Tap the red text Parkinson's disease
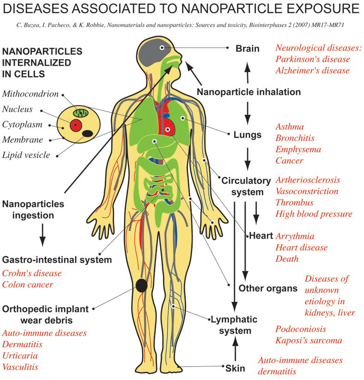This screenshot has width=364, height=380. pos(313,59)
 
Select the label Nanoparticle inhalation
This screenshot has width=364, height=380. pos(249,92)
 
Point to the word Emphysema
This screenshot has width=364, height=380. pos(298,149)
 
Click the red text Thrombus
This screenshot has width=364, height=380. pos(294,202)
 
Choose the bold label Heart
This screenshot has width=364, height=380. pos(261,236)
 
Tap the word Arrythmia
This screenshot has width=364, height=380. pos(295,236)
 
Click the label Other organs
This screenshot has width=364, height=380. pos(268,288)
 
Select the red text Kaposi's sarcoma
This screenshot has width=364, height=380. pos(308,341)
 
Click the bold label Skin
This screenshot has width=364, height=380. pos(235,368)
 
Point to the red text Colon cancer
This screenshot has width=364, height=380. pos(28,285)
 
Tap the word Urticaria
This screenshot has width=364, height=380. pos(20,356)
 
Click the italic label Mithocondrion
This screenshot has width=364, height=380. pos(31,94)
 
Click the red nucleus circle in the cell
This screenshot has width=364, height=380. pos(75,125)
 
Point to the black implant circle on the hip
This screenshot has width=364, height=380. pos(141,286)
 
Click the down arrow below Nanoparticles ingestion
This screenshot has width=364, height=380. pos(43,235)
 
